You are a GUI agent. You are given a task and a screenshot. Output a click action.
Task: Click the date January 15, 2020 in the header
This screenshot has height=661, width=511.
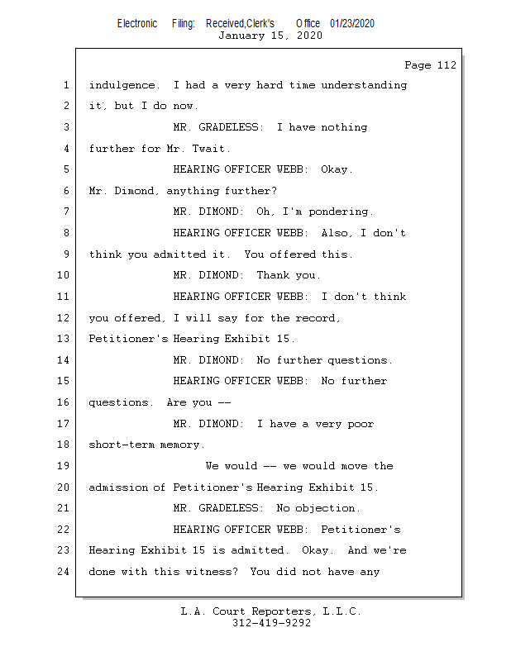270,36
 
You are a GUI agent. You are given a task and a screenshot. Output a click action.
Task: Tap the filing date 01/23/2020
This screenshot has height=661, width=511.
351,24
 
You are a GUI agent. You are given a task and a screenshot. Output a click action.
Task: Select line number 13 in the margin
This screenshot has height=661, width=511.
65,339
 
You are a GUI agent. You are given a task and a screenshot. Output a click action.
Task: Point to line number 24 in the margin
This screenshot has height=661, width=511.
65,572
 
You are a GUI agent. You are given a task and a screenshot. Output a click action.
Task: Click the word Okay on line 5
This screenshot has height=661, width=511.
335,169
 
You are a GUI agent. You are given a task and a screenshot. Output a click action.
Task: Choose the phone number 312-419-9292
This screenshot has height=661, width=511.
271,623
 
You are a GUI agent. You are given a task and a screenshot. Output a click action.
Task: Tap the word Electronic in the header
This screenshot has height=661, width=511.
137,24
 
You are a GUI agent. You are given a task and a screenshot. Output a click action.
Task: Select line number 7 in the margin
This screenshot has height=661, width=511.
65,212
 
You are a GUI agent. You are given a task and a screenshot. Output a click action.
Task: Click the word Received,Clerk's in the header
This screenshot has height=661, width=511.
240,24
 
